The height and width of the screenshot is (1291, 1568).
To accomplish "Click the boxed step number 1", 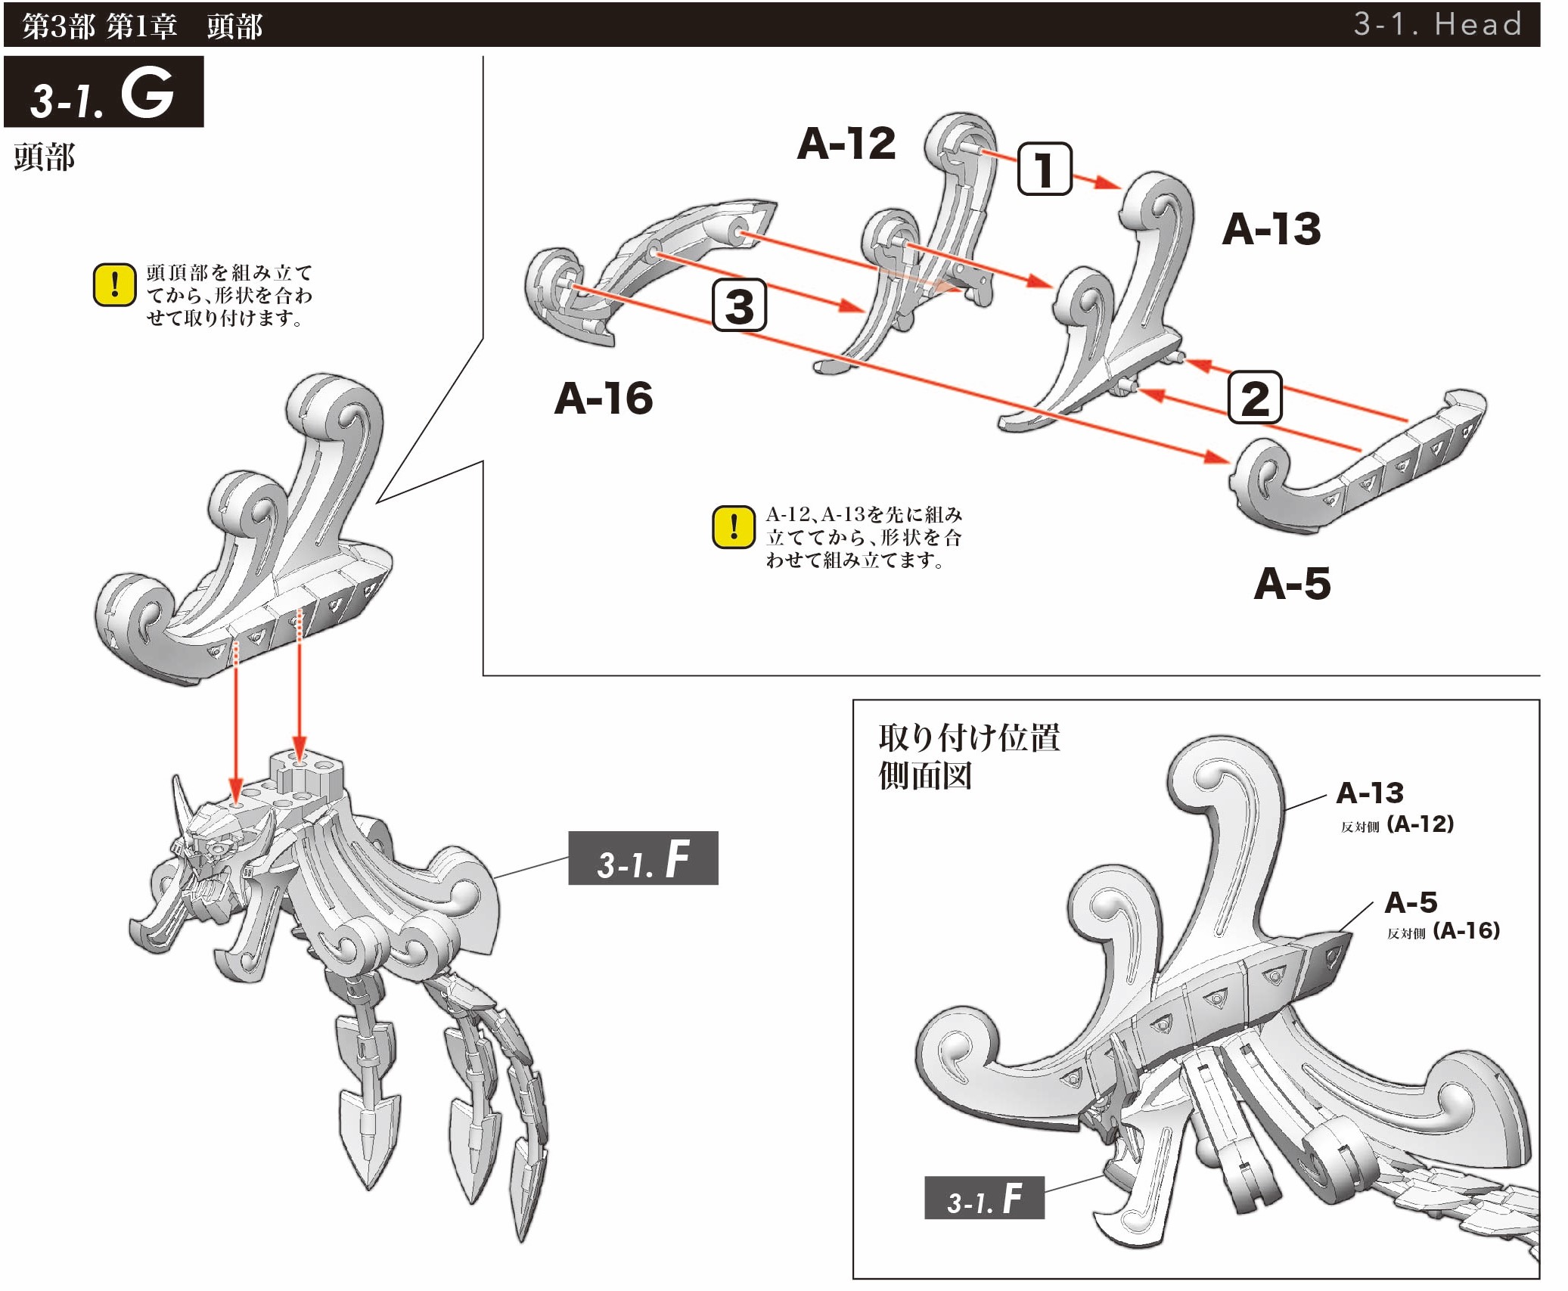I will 1045,169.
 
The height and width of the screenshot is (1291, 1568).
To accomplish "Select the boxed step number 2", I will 1254,397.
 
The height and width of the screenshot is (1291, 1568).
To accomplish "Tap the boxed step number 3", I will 739,306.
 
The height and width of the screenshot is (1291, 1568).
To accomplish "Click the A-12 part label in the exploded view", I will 846,143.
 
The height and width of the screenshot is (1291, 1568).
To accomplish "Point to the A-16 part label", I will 604,398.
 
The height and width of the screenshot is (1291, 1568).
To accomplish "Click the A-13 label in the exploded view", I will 1271,228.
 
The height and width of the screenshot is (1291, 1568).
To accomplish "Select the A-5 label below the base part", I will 1292,583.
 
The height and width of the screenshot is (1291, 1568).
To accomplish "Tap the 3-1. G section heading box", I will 104,92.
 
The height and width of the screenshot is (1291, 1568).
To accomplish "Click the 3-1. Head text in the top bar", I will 1437,24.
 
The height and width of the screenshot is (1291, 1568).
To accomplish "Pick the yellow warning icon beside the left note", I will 114,285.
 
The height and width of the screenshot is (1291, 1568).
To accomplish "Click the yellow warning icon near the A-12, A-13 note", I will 733,527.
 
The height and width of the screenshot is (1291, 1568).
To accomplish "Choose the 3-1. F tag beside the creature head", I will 643,858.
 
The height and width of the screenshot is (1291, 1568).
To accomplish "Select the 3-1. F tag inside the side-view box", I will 984,1198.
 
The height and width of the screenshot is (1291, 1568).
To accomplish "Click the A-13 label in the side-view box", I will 1370,793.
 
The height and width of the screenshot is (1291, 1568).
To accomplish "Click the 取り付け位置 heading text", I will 969,737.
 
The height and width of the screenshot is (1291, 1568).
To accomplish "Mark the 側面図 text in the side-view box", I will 925,776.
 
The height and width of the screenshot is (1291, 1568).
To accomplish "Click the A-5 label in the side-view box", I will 1411,902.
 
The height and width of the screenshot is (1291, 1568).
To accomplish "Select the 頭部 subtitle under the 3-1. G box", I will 45,157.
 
